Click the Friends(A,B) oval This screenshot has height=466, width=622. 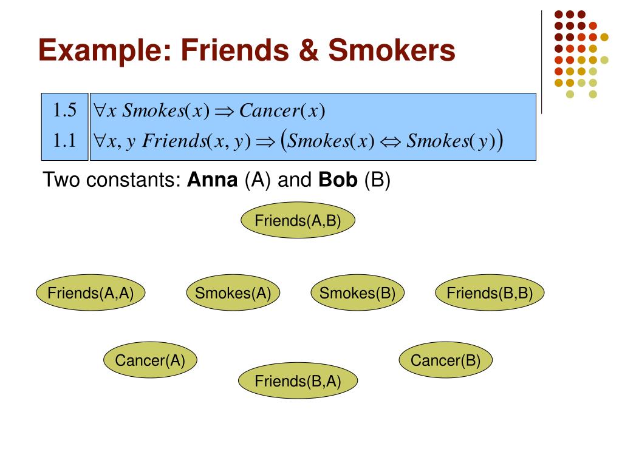pos(298,220)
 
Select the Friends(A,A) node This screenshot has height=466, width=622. pos(91,292)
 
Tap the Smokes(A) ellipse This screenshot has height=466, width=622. pos(233,292)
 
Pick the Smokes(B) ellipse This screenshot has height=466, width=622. pos(357,292)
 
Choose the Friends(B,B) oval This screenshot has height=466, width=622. pos(490,292)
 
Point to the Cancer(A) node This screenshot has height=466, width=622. pos(151,360)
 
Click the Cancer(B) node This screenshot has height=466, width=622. pos(445,360)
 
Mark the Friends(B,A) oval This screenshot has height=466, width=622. pos(298,380)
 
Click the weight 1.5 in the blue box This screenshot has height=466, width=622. pos(64,110)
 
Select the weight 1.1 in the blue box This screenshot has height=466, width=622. pos(64,140)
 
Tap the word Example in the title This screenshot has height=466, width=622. pos(105,51)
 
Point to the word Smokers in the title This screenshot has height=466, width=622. pos(392,50)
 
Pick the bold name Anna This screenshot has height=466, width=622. pos(213,180)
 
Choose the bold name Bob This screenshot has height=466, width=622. pos(338,180)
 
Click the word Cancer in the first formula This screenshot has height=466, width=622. pos(270,110)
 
